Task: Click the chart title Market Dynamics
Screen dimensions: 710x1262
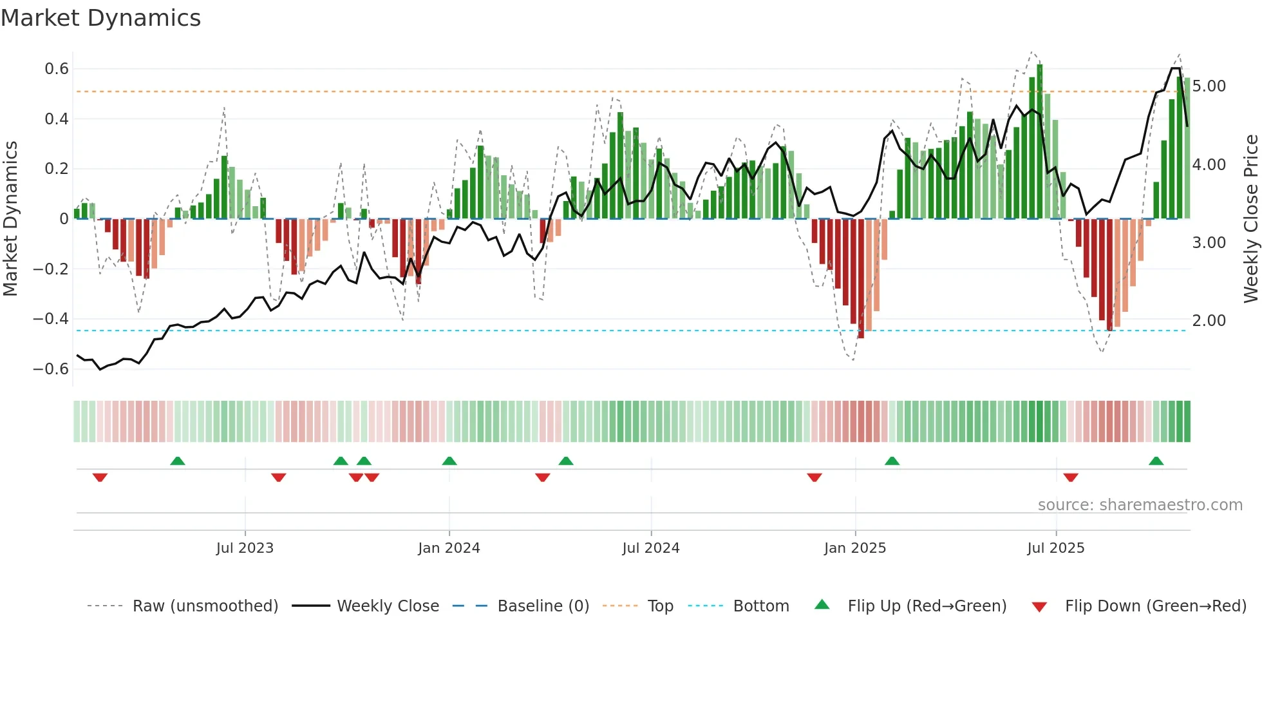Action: coord(100,18)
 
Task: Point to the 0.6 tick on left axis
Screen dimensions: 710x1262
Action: coord(57,69)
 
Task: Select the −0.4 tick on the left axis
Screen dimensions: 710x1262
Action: coord(51,319)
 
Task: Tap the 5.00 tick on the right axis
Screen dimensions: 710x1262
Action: coord(1209,86)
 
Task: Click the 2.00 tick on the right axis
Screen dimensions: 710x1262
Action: coord(1209,321)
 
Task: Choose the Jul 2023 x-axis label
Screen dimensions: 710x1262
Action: coord(245,548)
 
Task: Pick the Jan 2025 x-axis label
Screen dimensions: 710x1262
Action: coord(855,548)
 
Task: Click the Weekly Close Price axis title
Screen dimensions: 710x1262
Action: coord(1250,219)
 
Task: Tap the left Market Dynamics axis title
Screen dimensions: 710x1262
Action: coord(10,219)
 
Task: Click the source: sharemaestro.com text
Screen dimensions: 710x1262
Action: coord(1140,505)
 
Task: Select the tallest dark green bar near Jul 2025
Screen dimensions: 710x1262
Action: coord(1040,142)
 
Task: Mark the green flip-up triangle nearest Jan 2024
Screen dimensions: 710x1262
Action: coord(449,461)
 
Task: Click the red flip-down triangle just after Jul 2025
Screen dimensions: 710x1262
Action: coord(1071,477)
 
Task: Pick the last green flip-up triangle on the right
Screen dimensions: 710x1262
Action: coord(1156,461)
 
